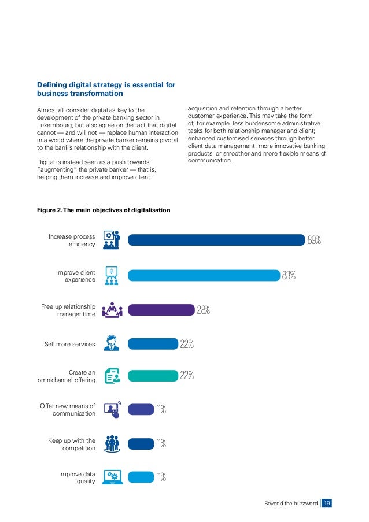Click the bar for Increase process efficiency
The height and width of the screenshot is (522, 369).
tap(216, 240)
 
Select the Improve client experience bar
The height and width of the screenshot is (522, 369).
tap(204, 275)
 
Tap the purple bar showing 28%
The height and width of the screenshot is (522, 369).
tap(161, 310)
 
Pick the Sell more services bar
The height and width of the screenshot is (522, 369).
tap(153, 344)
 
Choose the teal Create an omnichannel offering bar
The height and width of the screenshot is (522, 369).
tap(153, 376)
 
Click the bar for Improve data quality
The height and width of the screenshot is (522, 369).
tap(141, 477)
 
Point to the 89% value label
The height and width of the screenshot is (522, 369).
tap(314, 240)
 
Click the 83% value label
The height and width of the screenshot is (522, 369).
tap(289, 275)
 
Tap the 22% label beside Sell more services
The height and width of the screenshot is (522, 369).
tap(187, 344)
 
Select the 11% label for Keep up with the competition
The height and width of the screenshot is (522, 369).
tap(161, 443)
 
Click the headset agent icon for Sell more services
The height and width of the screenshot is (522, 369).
tap(112, 343)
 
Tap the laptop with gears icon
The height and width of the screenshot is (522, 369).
tap(112, 477)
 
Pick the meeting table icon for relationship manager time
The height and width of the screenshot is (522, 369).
tap(112, 310)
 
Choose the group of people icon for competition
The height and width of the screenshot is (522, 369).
tap(112, 444)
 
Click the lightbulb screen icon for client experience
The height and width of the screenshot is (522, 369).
tap(112, 276)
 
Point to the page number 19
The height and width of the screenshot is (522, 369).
tap(327, 503)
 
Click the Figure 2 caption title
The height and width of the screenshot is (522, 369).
tap(104, 210)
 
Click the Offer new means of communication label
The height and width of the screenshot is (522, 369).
tap(68, 409)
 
